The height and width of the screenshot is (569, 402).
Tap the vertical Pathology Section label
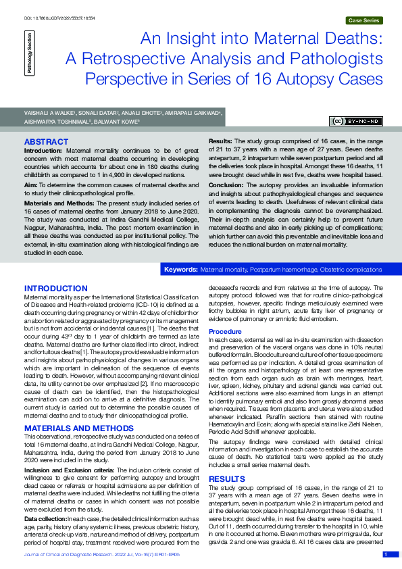pos(29,54)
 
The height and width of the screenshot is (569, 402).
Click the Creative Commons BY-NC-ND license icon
pos(356,121)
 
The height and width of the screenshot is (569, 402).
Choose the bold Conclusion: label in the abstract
pos(226,183)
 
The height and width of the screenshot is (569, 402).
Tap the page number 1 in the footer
pos(386,554)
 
